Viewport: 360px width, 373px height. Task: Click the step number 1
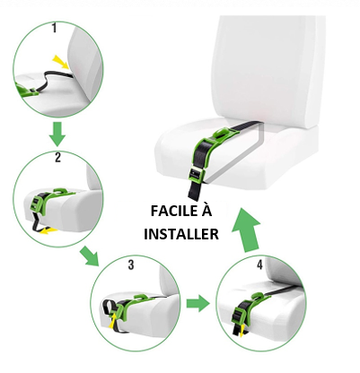[54, 28]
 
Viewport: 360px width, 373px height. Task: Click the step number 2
[58, 157]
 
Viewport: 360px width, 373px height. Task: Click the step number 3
[131, 265]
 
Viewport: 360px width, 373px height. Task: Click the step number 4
[259, 265]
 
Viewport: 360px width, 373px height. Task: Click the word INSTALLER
[181, 234]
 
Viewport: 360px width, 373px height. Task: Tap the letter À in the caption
[206, 210]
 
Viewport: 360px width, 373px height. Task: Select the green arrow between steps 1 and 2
[57, 134]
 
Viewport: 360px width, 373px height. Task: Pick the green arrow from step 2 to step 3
[90, 256]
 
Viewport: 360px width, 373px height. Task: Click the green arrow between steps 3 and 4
[198, 303]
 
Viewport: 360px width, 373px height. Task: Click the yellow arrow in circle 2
[48, 230]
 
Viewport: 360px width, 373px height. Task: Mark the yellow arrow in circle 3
[112, 321]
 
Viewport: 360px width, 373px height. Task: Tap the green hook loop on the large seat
[222, 132]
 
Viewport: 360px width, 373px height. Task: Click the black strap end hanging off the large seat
[195, 190]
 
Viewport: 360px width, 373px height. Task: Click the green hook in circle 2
[61, 190]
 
